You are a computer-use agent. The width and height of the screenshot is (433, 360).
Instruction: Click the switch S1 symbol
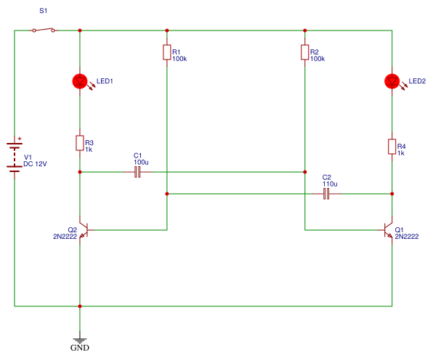(x=44, y=30)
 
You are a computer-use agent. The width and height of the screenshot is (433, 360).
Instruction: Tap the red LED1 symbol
(x=80, y=81)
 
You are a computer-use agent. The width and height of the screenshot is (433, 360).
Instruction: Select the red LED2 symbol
(x=392, y=81)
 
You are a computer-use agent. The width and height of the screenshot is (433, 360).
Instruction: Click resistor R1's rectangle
(x=167, y=52)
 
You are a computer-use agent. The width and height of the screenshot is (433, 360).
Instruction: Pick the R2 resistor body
(x=305, y=52)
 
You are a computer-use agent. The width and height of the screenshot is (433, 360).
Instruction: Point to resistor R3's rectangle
(x=80, y=143)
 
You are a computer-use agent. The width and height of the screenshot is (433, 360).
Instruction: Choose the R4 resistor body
(x=392, y=147)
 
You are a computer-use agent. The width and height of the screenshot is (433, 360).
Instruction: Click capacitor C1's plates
(x=137, y=172)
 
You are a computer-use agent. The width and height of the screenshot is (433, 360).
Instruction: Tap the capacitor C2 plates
(x=326, y=194)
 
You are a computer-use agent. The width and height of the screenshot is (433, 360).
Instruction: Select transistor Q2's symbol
(x=84, y=230)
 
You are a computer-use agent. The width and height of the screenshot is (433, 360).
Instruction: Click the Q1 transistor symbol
(x=388, y=230)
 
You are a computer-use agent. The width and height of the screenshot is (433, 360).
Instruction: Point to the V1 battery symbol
(x=15, y=157)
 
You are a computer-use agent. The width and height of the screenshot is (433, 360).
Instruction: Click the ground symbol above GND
(x=80, y=340)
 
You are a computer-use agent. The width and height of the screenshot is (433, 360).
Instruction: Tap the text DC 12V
(x=35, y=164)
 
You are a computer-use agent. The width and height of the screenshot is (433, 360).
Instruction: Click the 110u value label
(x=330, y=184)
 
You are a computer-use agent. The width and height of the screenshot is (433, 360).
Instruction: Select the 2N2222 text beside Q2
(x=65, y=237)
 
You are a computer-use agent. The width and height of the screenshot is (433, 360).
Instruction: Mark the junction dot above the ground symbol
(x=80, y=306)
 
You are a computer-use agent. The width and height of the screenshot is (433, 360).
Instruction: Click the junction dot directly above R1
(x=167, y=30)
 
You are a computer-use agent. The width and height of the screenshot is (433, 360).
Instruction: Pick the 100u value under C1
(x=141, y=162)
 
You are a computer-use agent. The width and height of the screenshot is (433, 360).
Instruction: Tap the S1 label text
(x=44, y=11)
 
